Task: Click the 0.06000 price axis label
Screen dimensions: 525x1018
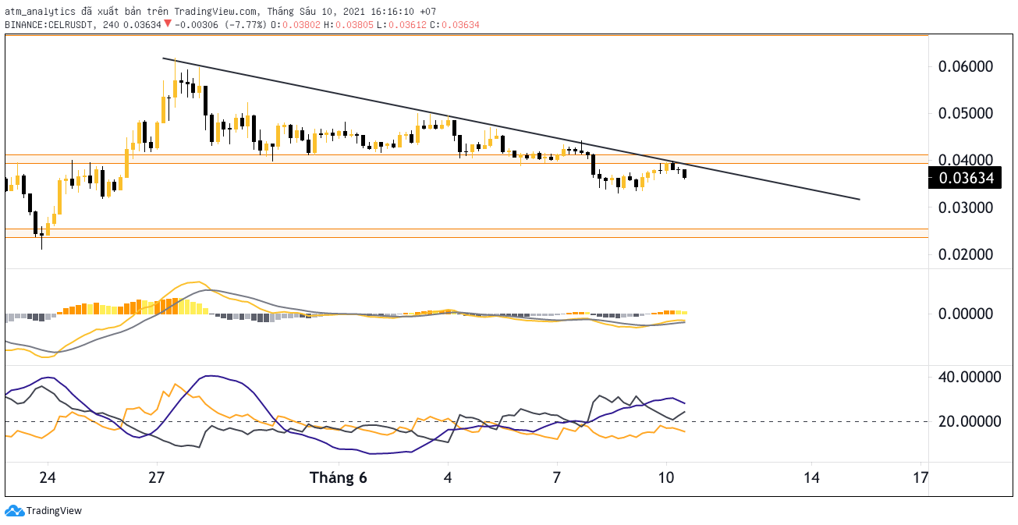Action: (x=966, y=66)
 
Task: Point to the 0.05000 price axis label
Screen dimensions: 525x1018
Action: (x=966, y=113)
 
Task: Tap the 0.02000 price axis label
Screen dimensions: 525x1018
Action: (x=966, y=254)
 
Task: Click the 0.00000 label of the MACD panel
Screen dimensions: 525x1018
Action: (x=966, y=314)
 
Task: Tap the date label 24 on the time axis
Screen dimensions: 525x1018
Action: (x=48, y=477)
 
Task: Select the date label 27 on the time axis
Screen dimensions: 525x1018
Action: (x=157, y=477)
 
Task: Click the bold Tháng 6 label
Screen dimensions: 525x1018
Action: (x=338, y=477)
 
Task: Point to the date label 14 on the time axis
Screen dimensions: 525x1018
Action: (x=810, y=477)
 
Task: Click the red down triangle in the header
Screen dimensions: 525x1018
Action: (x=167, y=24)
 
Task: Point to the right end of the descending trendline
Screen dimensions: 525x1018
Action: (x=859, y=199)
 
